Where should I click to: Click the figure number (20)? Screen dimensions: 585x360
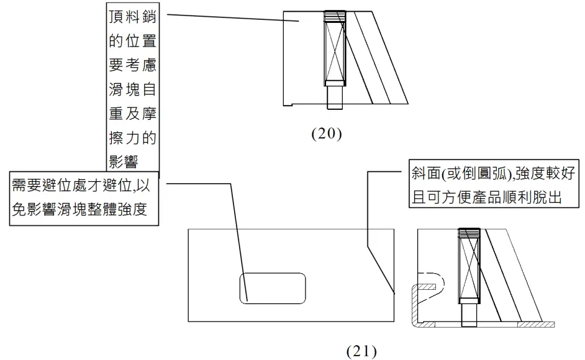click(327, 133)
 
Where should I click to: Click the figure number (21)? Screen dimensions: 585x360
click(361, 351)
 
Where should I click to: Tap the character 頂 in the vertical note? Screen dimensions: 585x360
click(116, 17)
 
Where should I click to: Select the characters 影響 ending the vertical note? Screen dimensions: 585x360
click(124, 162)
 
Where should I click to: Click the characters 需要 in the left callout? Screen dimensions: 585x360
click(27, 186)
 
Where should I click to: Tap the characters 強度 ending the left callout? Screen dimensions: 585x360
click(132, 210)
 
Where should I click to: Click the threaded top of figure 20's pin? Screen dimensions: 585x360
click(335, 16)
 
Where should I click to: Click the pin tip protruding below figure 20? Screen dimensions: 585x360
click(335, 97)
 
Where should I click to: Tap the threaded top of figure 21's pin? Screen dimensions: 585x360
click(469, 234)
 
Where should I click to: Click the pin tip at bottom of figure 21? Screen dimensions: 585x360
click(469, 315)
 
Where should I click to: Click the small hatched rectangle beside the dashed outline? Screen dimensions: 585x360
click(427, 287)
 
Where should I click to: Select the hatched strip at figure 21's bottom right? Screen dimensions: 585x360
click(536, 325)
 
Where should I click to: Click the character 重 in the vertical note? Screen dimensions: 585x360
click(116, 114)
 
